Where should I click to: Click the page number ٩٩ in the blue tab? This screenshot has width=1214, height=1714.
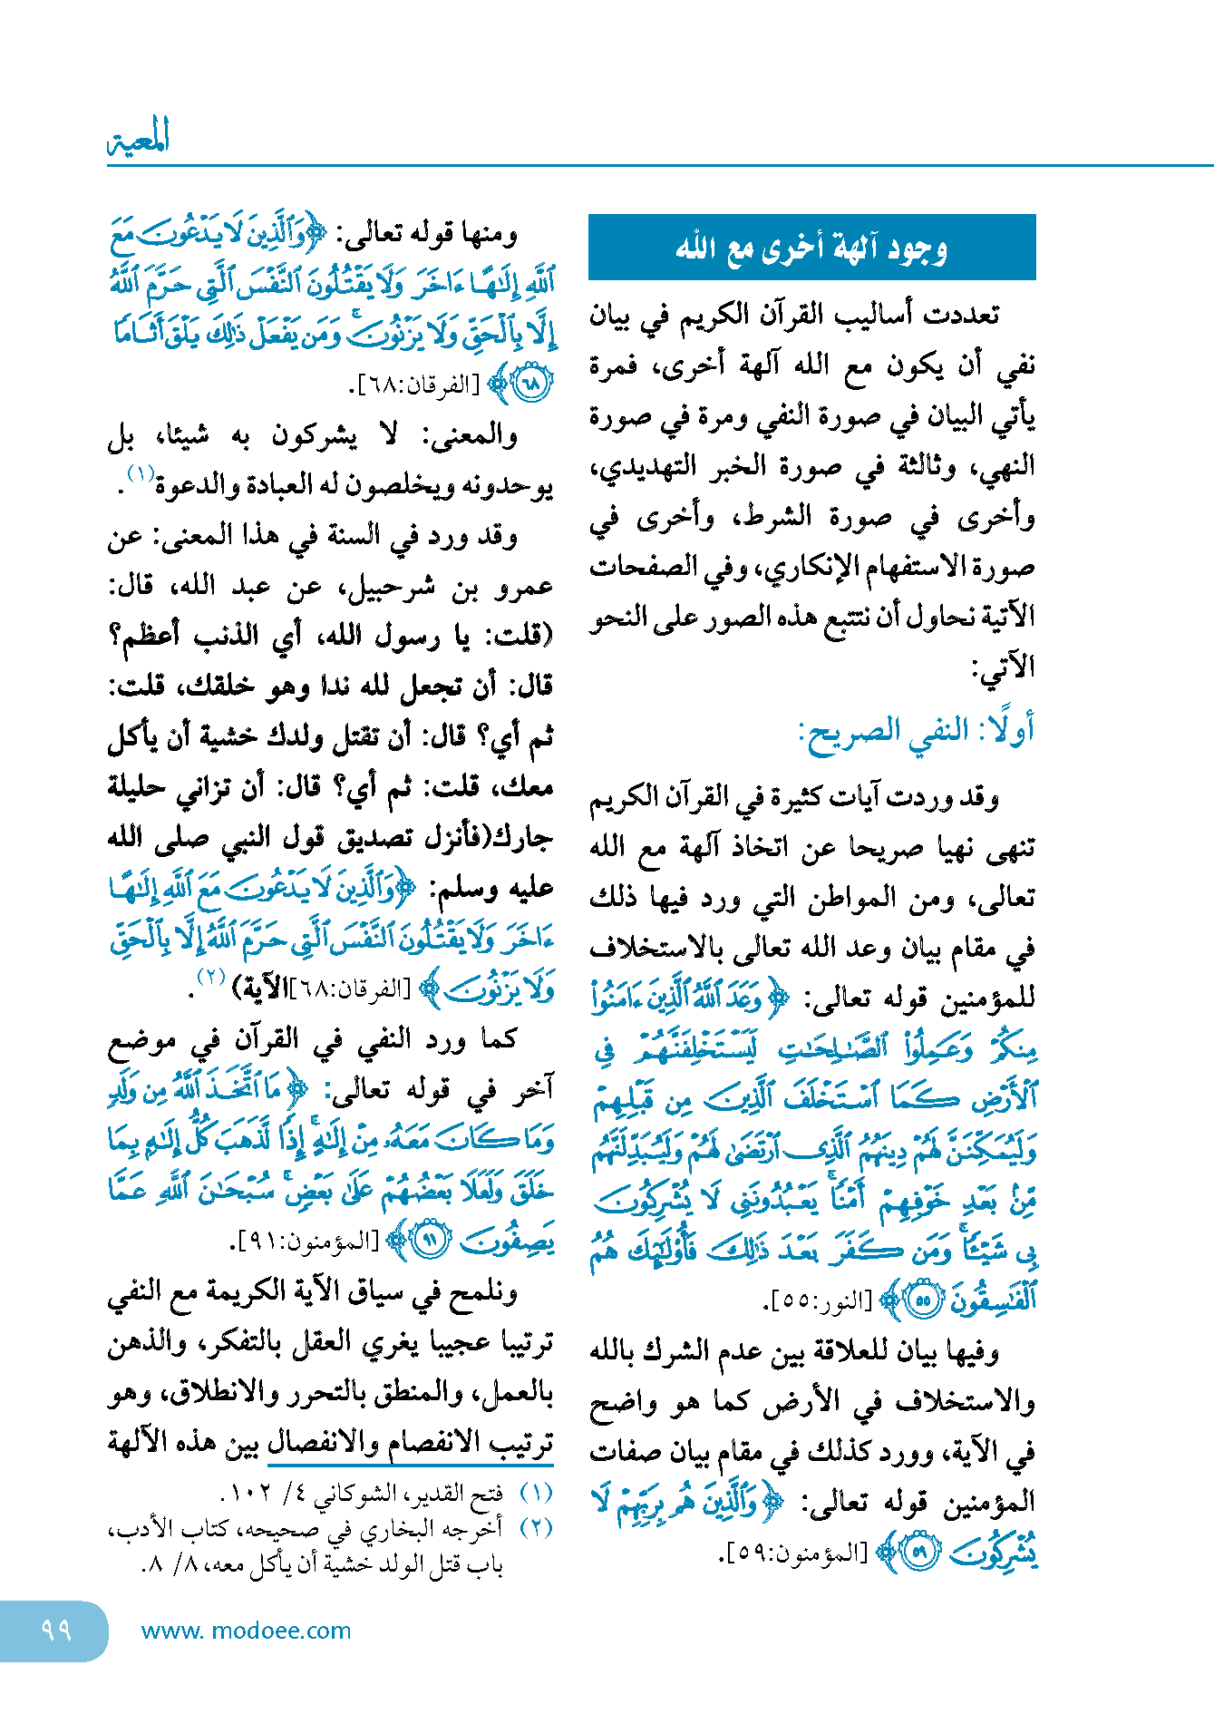[55, 1630]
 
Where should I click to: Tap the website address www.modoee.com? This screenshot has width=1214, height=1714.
[246, 1631]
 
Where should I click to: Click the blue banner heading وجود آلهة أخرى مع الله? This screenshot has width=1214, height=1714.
[811, 248]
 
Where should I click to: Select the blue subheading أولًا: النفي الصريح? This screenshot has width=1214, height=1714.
[916, 730]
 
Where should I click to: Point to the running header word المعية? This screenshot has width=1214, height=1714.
[139, 139]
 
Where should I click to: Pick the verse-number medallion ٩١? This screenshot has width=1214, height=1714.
[432, 1240]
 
